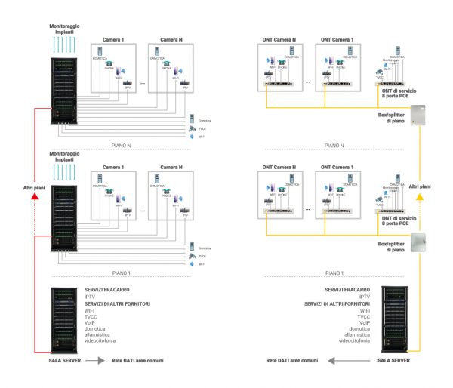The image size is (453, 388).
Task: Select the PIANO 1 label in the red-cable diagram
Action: click(118, 272)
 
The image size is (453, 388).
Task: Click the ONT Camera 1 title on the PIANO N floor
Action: click(336, 38)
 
